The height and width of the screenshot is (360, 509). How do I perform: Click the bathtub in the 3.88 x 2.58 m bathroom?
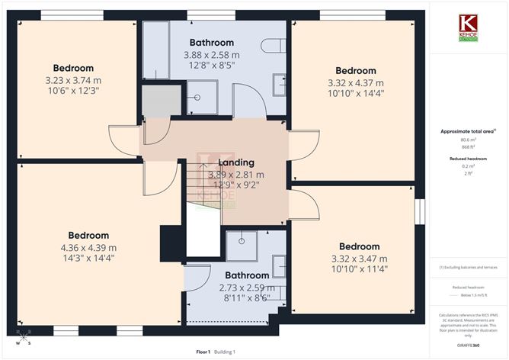click(154, 51)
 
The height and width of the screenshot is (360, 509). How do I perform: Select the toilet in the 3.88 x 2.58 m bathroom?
click(273, 47)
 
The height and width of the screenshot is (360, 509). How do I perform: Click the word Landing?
click(235, 162)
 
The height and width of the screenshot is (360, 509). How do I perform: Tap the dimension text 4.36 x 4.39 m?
click(88, 248)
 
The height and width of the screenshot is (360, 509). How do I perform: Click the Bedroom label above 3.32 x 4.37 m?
click(356, 71)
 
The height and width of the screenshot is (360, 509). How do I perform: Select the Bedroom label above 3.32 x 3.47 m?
click(359, 246)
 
